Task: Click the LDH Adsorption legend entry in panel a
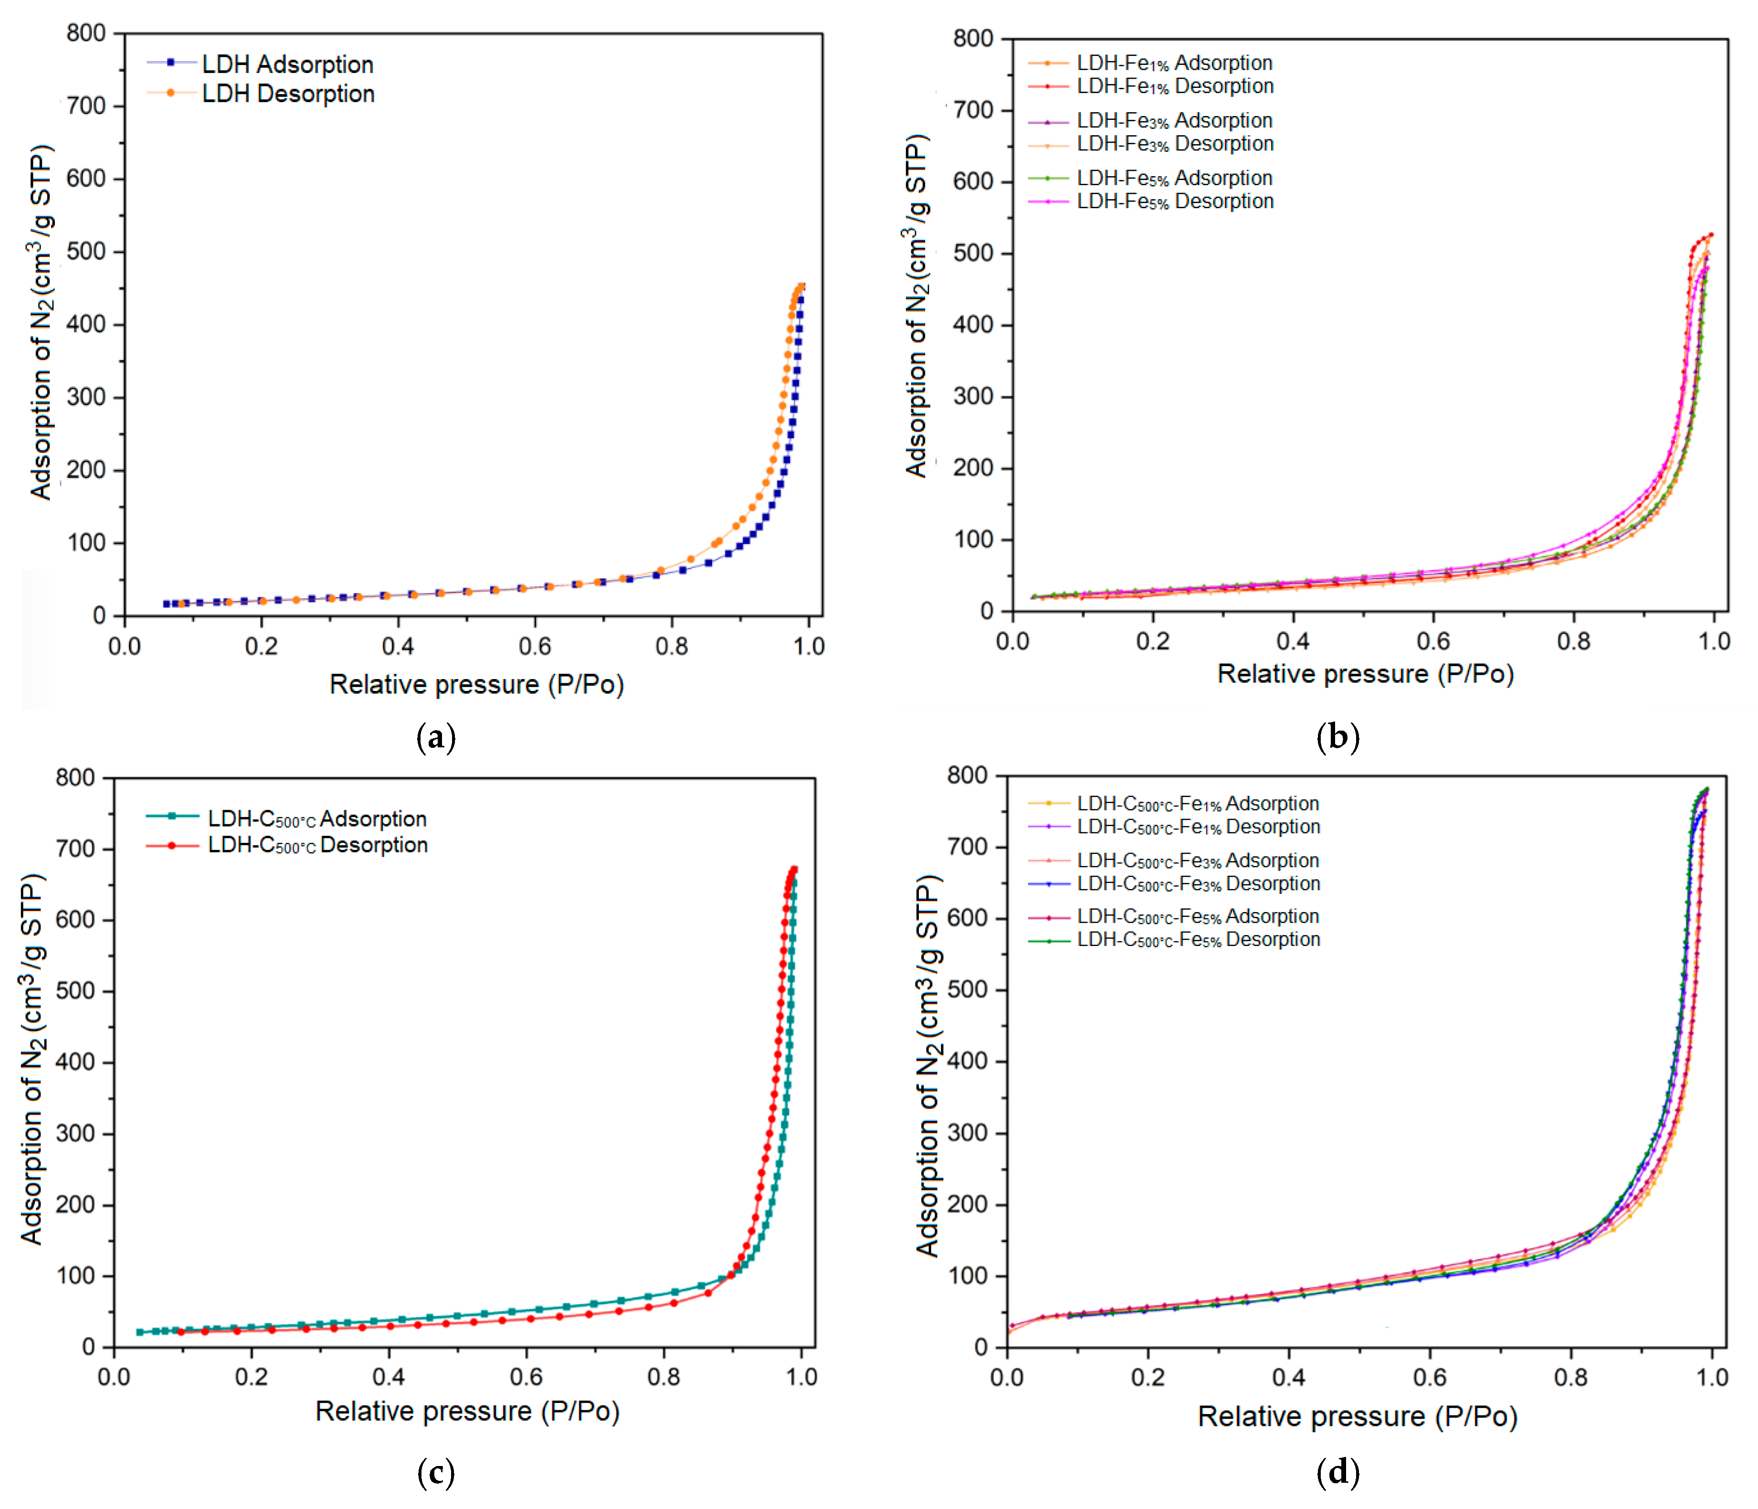click(x=287, y=64)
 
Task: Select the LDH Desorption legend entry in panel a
click(x=287, y=94)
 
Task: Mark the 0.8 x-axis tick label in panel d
click(x=1570, y=1377)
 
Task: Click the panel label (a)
click(x=436, y=737)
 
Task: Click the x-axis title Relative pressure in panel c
click(x=467, y=1412)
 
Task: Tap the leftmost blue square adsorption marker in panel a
click(x=167, y=604)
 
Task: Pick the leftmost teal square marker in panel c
click(x=140, y=1332)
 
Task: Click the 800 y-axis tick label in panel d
click(x=967, y=775)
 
